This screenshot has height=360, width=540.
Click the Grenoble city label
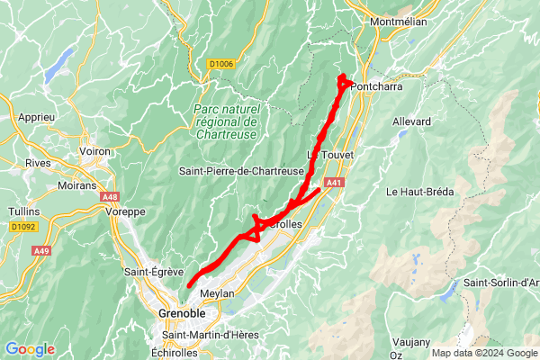[x=181, y=313]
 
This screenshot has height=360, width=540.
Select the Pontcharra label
[x=382, y=87]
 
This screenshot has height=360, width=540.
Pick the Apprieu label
[x=36, y=117]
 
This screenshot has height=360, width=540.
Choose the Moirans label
[x=76, y=185]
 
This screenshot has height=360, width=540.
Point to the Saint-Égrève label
[x=153, y=271]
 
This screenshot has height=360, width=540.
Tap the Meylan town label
[x=217, y=293]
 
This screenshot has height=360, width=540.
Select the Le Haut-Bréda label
[x=420, y=192]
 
